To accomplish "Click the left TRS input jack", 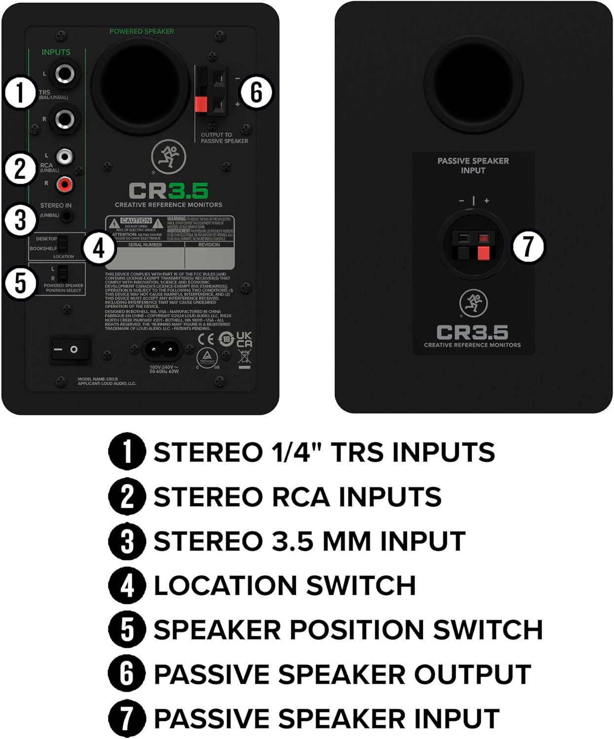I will [x=65, y=74].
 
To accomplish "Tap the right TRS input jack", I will [x=65, y=119].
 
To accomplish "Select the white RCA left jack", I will [x=65, y=157].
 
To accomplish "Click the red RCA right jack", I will [x=65, y=185].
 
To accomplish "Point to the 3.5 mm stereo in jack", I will [x=66, y=215].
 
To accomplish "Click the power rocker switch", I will [x=71, y=349].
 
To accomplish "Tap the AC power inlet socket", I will [x=162, y=350].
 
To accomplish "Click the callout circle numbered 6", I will [x=256, y=92].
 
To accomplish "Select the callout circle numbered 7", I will [x=528, y=246].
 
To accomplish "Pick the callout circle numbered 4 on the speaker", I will [x=99, y=248].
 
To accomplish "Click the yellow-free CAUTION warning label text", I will [x=136, y=221].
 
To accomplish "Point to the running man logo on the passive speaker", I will [x=473, y=303].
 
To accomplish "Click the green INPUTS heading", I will [x=56, y=52].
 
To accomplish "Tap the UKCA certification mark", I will [x=244, y=339].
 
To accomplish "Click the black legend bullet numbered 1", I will [x=127, y=451].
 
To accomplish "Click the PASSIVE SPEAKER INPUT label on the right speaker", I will [x=473, y=166].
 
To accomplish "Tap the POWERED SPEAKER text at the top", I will [x=142, y=32].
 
